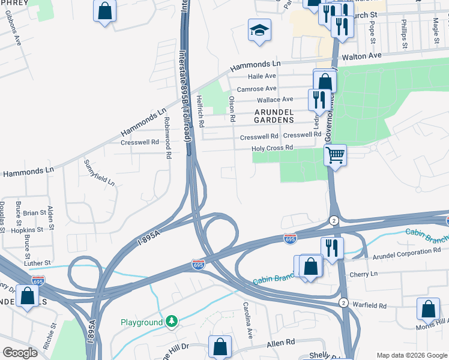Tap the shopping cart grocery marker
335,155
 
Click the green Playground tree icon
172,322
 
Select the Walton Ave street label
362,56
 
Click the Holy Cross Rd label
272,148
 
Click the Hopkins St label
28,230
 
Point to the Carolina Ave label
247,319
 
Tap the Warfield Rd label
369,305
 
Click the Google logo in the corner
19,353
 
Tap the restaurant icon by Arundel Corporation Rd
331,247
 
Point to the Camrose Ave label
256,89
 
